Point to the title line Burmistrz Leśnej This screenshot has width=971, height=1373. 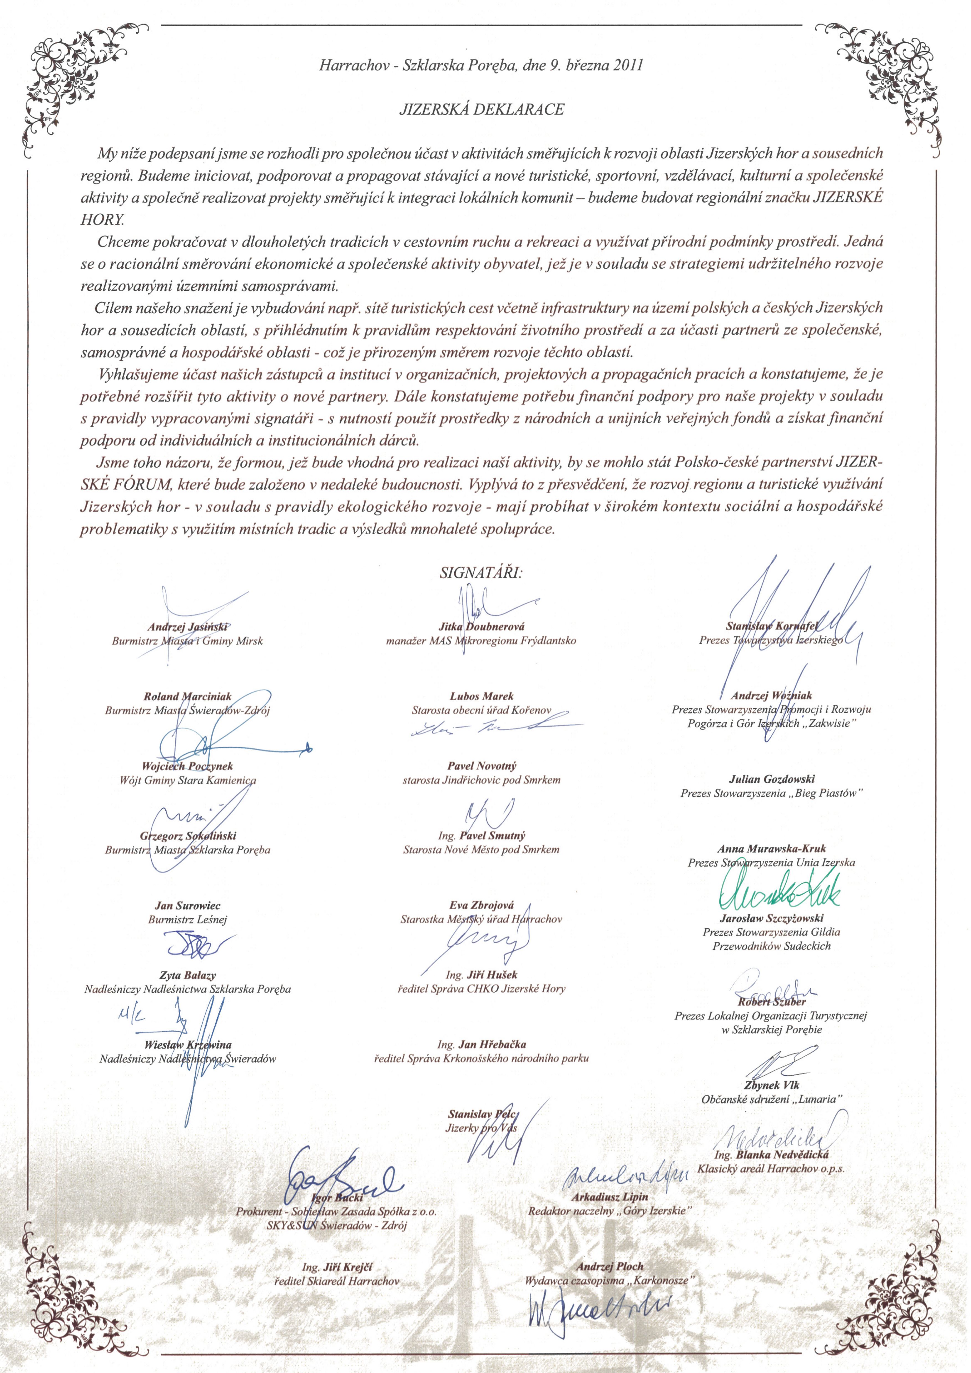(x=187, y=920)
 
